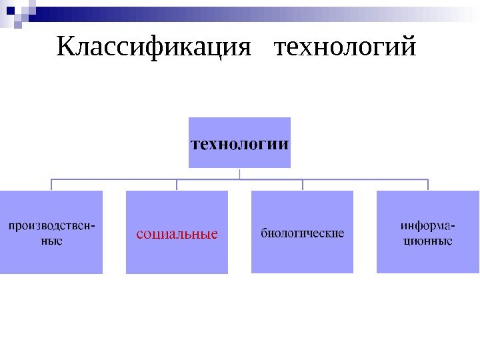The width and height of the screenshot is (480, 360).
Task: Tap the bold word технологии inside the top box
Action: pyautogui.click(x=240, y=143)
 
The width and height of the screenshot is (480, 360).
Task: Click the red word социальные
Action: pyautogui.click(x=177, y=234)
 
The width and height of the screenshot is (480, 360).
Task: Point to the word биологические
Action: pyautogui.click(x=302, y=233)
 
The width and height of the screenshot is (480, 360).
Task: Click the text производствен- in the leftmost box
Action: pyautogui.click(x=51, y=226)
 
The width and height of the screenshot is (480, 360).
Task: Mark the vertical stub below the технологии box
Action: pyautogui.click(x=240, y=173)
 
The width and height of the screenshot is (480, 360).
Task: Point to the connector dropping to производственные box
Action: pyautogui.click(x=51, y=185)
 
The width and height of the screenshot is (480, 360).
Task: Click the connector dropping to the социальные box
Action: pyautogui.click(x=177, y=185)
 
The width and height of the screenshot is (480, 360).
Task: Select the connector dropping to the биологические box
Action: pyautogui.click(x=303, y=185)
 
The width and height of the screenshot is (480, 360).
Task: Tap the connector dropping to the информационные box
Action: pyautogui.click(x=427, y=185)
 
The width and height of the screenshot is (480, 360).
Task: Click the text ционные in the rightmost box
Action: pyautogui.click(x=427, y=241)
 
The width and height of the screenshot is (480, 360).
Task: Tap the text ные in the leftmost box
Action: pyautogui.click(x=51, y=241)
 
